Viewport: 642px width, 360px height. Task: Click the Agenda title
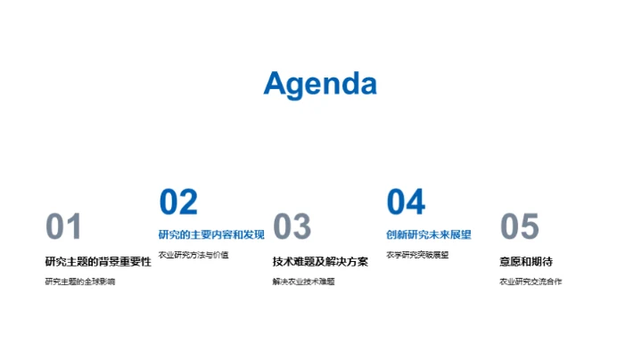pos(320,84)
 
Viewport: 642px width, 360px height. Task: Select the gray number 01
pos(63,227)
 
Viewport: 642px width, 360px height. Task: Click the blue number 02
pos(178,202)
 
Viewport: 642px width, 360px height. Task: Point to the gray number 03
pos(292,227)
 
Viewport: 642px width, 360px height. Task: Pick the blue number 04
pos(406,202)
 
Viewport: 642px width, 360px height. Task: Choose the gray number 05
pos(519,227)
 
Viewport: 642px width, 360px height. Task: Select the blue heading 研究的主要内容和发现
pos(211,234)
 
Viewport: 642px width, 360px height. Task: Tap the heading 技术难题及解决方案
pos(320,261)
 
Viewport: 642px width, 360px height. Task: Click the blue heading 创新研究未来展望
pos(429,234)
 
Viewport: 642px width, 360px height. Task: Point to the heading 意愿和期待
pos(526,261)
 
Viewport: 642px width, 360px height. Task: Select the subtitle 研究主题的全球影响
pos(80,282)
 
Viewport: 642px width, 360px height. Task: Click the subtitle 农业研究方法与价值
pos(193,255)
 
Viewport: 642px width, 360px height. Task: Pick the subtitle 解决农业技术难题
pos(304,282)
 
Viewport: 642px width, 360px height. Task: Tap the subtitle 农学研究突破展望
pos(417,255)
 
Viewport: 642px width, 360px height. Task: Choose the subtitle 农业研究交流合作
pos(531,282)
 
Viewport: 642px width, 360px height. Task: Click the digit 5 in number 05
pos(530,227)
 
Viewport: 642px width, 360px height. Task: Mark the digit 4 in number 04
pos(416,202)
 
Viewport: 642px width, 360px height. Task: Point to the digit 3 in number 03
pos(302,227)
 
